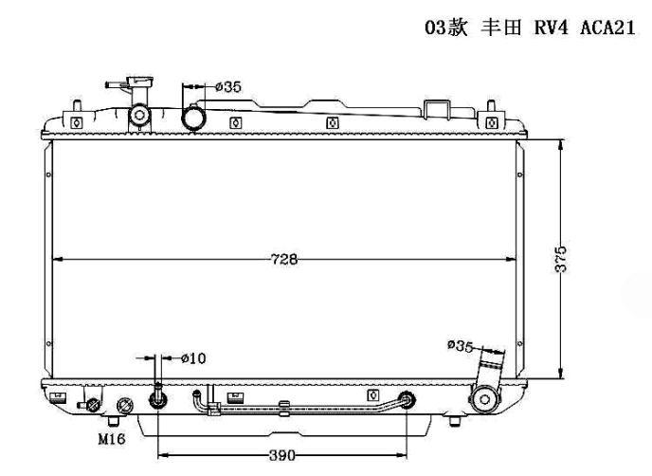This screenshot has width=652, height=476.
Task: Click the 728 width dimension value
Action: [x=284, y=259]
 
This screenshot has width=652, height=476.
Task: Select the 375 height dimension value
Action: [x=561, y=259]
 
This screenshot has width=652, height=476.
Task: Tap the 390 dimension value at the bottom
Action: [x=282, y=455]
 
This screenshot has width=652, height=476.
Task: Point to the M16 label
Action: [x=112, y=439]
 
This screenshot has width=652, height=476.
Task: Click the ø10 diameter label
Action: [x=193, y=357]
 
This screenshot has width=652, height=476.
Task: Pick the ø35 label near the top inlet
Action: [x=228, y=87]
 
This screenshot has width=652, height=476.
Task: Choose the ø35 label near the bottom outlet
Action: [x=461, y=345]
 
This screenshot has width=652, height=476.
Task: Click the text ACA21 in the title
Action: [x=607, y=27]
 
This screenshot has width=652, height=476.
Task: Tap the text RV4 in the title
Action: [x=551, y=27]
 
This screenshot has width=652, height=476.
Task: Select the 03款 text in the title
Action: [x=446, y=27]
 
